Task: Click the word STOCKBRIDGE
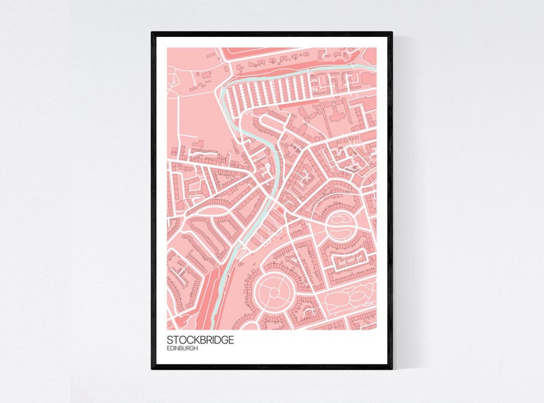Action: (200, 339)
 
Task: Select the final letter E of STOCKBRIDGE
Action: (230, 339)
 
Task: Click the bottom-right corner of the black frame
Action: (391, 368)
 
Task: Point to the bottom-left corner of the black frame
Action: (153, 368)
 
